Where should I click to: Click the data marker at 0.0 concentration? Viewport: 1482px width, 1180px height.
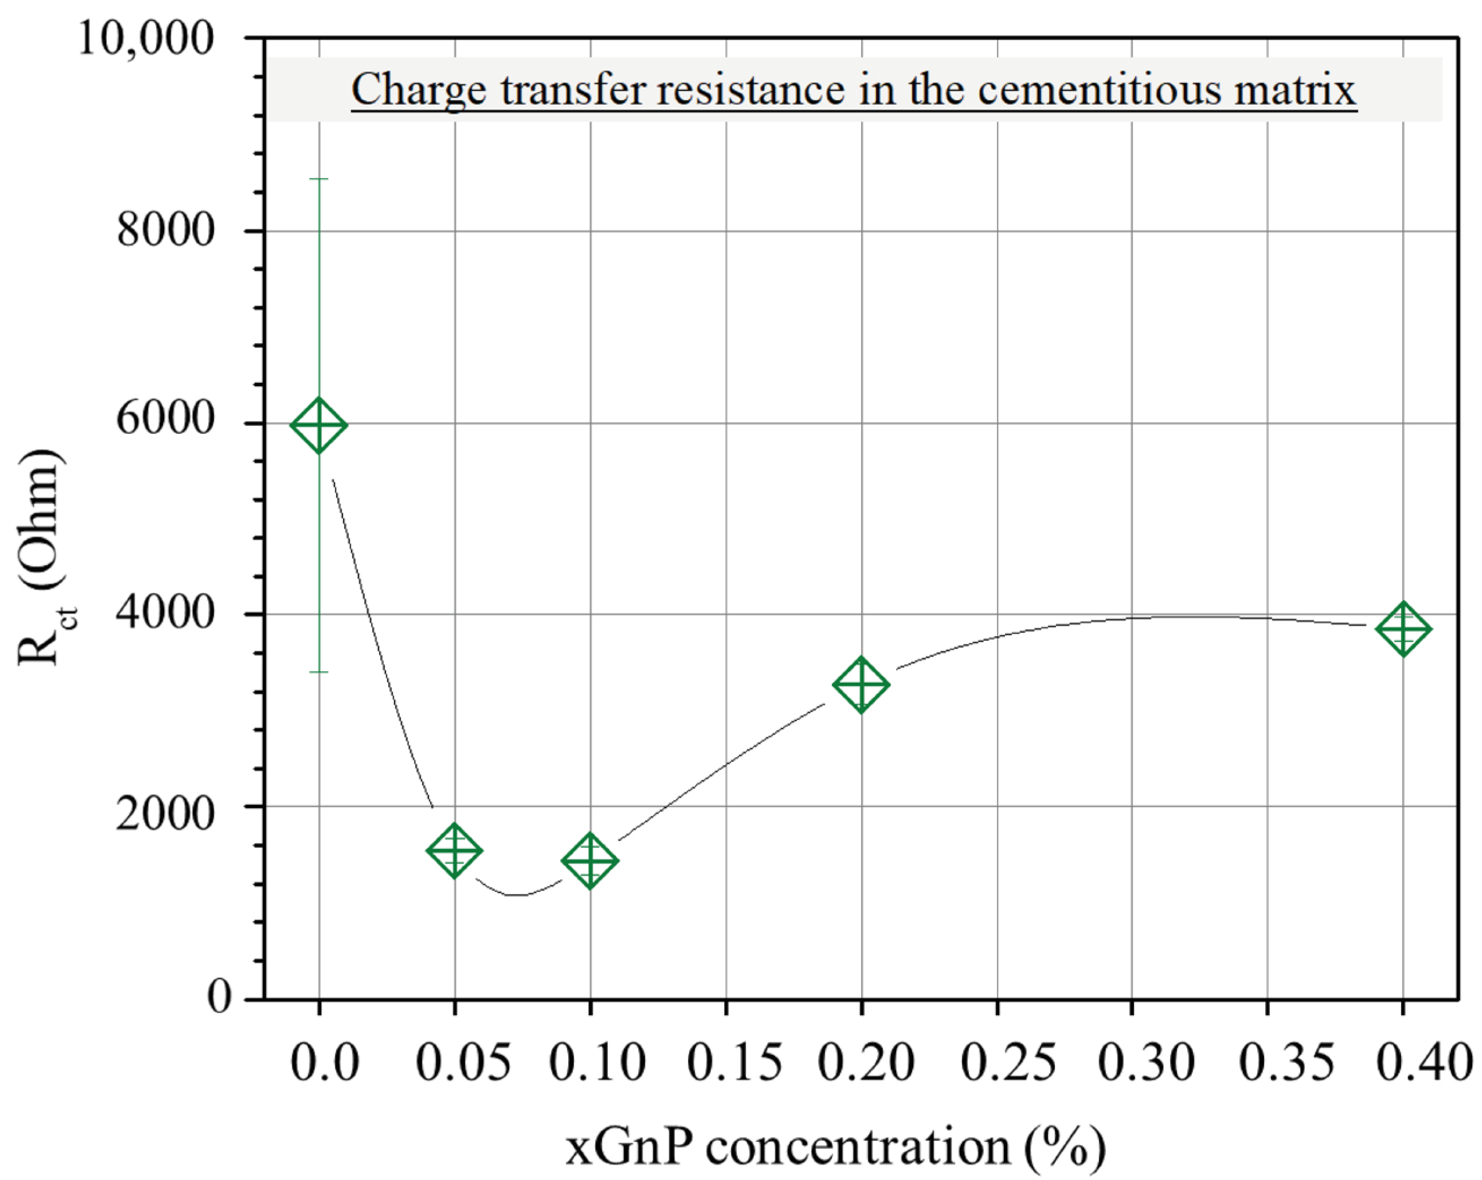(318, 425)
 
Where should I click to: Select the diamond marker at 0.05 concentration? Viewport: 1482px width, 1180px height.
(454, 850)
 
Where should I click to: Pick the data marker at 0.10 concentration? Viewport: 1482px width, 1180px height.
(590, 860)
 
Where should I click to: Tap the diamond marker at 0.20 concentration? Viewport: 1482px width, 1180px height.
(861, 684)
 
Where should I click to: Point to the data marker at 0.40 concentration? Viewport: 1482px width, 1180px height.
(1403, 628)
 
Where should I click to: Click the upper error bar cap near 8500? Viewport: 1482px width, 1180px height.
(318, 179)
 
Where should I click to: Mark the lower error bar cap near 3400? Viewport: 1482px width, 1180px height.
(318, 671)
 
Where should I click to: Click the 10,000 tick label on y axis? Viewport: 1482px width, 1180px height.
(145, 38)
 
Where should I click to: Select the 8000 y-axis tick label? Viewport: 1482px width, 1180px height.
(166, 230)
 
